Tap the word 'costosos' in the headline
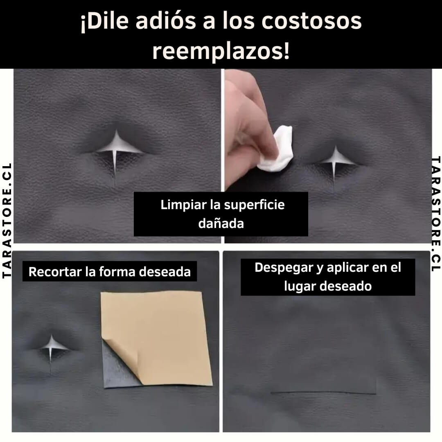pyautogui.click(x=311, y=21)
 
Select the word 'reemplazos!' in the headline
pyautogui.click(x=221, y=51)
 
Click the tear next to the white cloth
pyautogui.click(x=335, y=163)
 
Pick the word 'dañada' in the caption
pyautogui.click(x=221, y=223)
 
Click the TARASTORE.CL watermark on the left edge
pyautogui.click(x=7, y=221)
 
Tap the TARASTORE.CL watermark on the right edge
pyautogui.click(x=435, y=214)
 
